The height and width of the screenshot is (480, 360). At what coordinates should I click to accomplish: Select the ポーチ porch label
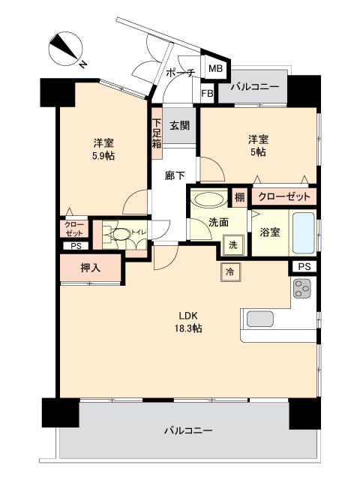[x=181, y=73]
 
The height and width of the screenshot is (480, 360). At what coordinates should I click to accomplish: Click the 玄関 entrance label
[x=178, y=125]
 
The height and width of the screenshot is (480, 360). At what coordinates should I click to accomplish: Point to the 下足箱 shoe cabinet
[x=157, y=135]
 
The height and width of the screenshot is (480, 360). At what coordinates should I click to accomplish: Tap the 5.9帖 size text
[x=103, y=156]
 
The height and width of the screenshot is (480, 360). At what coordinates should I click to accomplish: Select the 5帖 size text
[x=259, y=151]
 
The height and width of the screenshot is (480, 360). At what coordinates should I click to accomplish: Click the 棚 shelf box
[x=238, y=198]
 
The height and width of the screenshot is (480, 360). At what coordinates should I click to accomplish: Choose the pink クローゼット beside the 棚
[x=283, y=198]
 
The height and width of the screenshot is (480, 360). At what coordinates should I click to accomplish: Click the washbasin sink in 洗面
[x=207, y=201]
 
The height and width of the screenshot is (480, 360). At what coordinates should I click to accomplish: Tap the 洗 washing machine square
[x=232, y=244]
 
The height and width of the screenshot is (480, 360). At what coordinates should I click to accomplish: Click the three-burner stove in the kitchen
[x=303, y=288]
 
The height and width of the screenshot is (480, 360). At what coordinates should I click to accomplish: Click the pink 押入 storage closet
[x=90, y=266]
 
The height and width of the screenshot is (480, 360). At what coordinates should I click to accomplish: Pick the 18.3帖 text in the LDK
[x=187, y=328]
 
